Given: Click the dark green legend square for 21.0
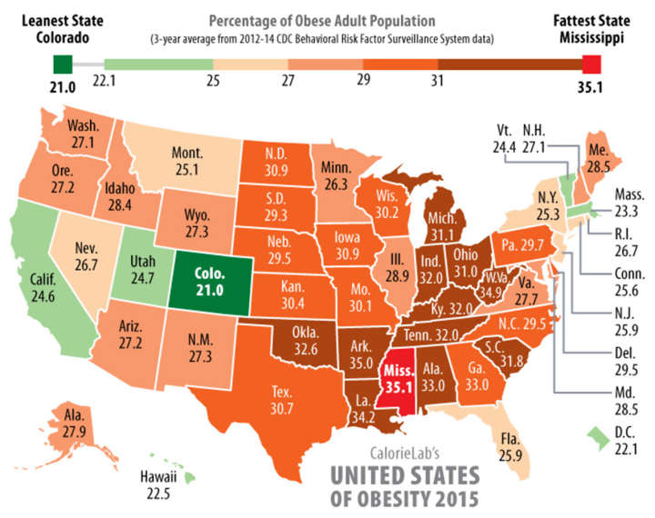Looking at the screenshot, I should (x=63, y=64).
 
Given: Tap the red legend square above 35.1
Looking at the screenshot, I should (x=591, y=64).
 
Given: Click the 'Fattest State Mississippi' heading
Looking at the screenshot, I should (x=591, y=27).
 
